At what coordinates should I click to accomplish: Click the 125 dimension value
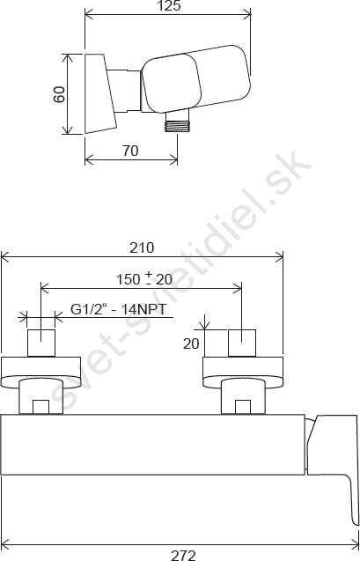point(168,6)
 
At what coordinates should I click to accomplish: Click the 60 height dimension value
point(59,94)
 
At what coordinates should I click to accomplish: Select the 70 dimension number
point(130,151)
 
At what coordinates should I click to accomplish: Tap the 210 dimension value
point(142,247)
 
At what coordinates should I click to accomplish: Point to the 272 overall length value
point(183,555)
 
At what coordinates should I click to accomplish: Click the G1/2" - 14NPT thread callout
point(118,309)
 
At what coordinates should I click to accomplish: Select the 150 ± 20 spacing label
point(144,279)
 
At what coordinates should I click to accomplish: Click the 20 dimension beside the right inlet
point(191,343)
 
